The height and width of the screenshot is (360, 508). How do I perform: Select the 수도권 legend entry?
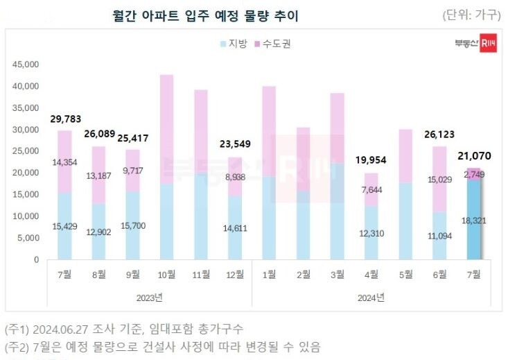click(x=272, y=44)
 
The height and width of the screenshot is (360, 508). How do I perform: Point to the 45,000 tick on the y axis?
click(x=26, y=65)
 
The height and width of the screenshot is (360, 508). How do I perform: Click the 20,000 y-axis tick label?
click(x=26, y=173)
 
